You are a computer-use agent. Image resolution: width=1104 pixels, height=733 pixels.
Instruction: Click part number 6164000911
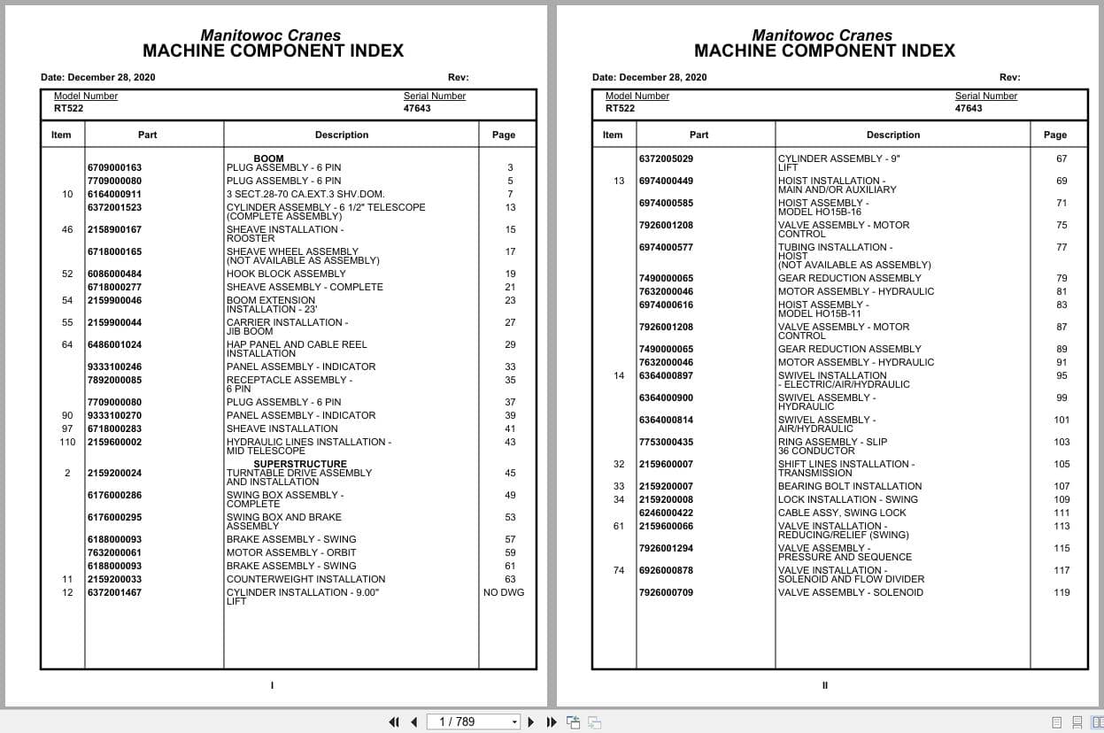114,194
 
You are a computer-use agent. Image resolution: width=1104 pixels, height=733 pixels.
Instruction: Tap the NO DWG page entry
503,592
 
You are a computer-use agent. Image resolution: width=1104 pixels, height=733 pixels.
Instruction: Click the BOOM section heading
268,158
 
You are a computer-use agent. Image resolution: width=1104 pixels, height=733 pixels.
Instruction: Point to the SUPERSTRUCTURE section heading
300,464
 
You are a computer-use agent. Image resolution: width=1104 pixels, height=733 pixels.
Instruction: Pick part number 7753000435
666,442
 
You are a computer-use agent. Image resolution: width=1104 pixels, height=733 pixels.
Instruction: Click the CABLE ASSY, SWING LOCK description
842,513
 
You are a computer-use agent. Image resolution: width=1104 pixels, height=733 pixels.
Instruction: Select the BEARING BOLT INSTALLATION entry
849,486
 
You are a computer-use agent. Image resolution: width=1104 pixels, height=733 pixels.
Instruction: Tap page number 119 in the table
1062,592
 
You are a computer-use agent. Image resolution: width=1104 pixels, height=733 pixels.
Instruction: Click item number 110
67,442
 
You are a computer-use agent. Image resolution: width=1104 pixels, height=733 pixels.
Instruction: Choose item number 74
619,570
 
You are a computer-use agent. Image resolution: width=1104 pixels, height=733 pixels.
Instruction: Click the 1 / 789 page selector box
473,721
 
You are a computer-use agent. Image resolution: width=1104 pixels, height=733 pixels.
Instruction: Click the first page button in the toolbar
394,721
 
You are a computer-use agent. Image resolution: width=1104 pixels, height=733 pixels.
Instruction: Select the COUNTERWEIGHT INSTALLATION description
305,579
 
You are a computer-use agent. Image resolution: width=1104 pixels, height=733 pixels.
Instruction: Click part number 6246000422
666,513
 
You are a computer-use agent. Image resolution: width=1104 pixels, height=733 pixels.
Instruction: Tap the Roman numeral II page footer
824,685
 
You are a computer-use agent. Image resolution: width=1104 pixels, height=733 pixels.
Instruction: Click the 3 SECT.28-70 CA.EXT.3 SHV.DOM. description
305,194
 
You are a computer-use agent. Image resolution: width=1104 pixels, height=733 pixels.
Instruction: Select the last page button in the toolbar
552,721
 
